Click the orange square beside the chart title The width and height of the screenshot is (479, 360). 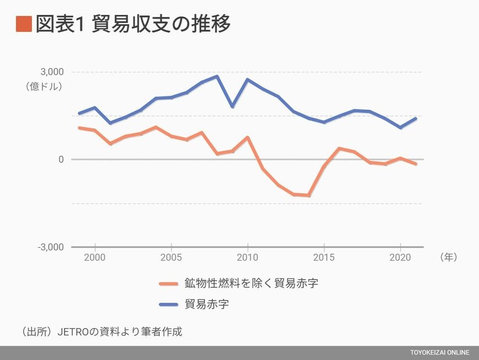24,25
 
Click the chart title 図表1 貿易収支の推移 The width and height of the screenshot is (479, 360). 132,25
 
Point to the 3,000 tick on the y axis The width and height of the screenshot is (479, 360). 52,72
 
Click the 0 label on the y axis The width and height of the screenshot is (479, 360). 61,160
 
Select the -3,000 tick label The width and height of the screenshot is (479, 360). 50,247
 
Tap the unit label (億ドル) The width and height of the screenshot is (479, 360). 43,86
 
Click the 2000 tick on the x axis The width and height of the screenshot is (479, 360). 95,257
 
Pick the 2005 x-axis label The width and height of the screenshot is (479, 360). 171,257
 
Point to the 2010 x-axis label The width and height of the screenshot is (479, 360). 248,257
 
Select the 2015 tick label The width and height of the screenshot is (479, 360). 324,257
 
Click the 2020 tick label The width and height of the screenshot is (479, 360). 400,257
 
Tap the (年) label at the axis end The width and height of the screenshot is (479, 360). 449,257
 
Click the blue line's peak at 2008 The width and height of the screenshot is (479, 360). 217,77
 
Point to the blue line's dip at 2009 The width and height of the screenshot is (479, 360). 232,106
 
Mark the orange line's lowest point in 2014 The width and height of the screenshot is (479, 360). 309,195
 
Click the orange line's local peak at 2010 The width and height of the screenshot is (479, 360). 248,138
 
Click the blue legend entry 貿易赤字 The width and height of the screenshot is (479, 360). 206,304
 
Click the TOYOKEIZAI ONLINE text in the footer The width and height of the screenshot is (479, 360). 440,352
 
